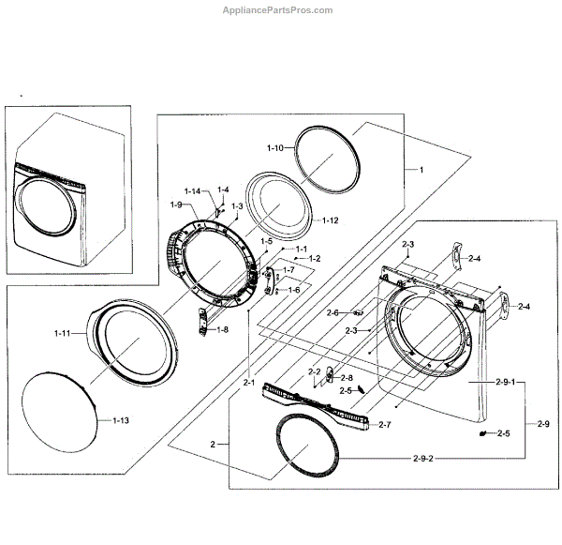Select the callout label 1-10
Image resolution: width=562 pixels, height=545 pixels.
point(275,148)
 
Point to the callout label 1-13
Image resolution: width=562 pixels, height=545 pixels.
point(120,420)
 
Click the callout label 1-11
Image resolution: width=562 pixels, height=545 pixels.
point(63,333)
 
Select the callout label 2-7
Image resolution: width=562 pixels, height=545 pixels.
point(384,425)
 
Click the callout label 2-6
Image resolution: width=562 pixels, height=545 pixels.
point(333,312)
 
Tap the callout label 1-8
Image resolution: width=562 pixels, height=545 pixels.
point(222,329)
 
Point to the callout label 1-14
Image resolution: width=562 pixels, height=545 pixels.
point(192,191)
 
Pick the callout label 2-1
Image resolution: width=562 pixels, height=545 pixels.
point(249,383)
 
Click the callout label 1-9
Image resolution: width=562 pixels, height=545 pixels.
point(176,204)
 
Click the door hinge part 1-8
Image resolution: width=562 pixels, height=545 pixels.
point(201,322)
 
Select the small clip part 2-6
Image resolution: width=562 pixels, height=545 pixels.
point(358,312)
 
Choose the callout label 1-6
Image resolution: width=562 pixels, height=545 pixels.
point(293,290)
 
